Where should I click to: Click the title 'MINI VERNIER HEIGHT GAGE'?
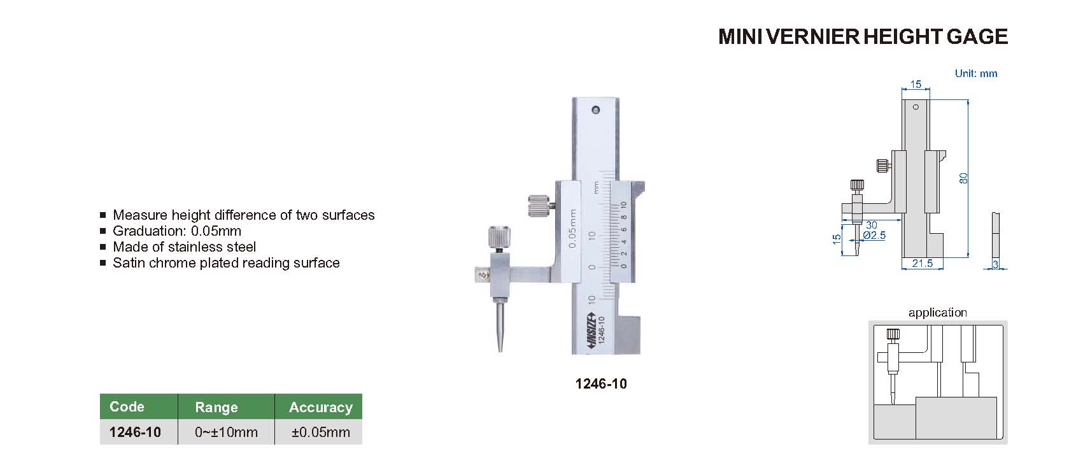[863, 37]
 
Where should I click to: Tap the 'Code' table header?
[127, 407]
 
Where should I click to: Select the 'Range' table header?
[216, 407]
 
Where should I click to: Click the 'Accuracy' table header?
[320, 407]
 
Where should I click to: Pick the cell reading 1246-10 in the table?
[135, 432]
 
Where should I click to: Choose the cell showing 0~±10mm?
[226, 432]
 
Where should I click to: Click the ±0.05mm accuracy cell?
[320, 432]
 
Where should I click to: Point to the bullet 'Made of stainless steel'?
[184, 247]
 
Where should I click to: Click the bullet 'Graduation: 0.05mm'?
[177, 231]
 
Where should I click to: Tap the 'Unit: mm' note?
[975, 73]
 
